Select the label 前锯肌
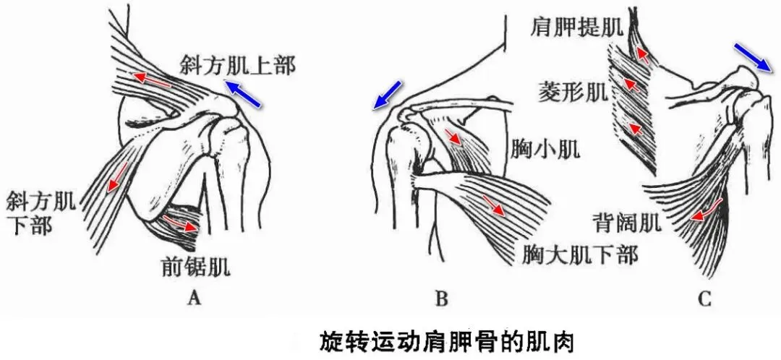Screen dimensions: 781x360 click(x=195, y=268)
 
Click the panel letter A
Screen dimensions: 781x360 click(x=193, y=296)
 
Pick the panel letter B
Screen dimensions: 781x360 click(x=443, y=297)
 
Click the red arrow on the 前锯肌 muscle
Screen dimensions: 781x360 click(x=180, y=223)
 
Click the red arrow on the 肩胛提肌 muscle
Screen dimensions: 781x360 click(x=641, y=53)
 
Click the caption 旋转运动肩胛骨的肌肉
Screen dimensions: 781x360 click(x=446, y=340)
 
